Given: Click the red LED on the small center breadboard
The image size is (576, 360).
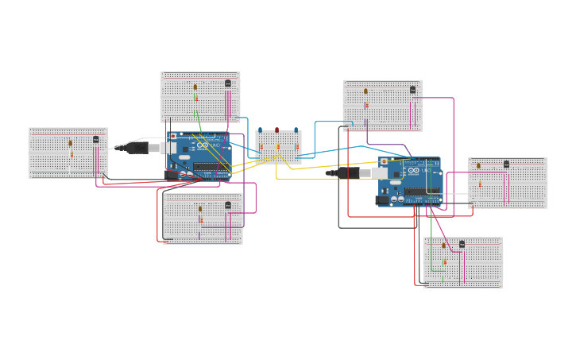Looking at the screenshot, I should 277,130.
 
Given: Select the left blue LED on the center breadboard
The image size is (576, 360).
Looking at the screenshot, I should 260,130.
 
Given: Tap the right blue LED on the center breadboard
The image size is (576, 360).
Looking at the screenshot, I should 296,130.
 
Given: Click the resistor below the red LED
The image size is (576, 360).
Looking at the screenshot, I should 277,146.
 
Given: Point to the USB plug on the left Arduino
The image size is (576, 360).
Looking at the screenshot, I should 151,147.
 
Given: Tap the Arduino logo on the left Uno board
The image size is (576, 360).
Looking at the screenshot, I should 203,145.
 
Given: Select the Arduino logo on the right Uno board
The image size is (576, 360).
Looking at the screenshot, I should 413,171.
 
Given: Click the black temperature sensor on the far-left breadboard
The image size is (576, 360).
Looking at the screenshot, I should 96,139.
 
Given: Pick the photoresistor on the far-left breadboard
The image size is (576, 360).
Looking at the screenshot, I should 70,143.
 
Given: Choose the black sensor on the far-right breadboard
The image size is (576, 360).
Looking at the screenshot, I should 506,165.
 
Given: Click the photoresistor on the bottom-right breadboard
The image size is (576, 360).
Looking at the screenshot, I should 443,246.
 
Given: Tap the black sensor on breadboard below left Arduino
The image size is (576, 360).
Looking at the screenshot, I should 228,205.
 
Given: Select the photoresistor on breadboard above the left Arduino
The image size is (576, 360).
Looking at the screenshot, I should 195,87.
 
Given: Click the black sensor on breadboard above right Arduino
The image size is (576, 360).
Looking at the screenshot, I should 412,90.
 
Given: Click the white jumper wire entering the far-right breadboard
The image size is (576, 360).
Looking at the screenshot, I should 456,193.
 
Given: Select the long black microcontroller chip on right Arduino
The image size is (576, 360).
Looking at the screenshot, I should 420,191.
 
